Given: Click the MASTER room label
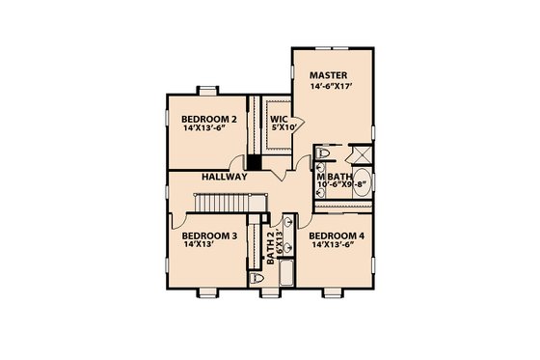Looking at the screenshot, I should [327, 75].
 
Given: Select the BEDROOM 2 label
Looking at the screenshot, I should [209, 120].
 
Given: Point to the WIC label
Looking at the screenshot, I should [279, 120].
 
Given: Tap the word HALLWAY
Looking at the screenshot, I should [226, 178].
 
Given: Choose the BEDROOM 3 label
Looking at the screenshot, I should [209, 235].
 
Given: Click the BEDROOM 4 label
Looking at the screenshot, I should [337, 235].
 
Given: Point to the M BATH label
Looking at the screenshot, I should [335, 177].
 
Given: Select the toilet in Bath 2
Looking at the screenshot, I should [256, 277].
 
